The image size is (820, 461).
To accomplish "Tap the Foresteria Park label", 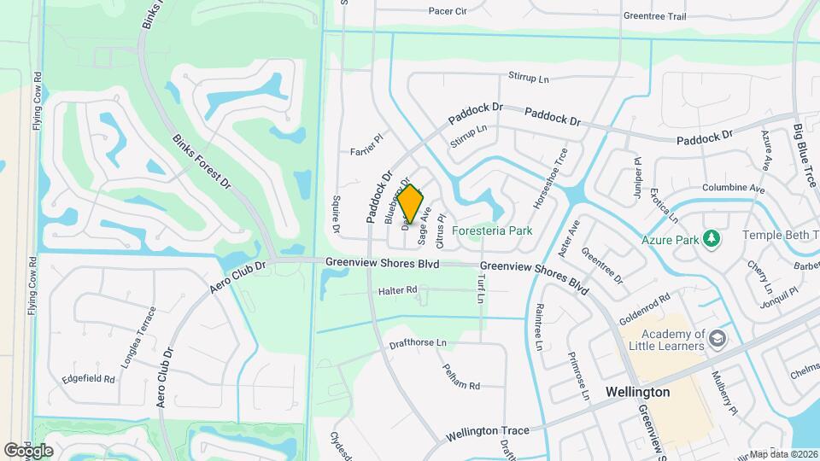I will coord(492,230).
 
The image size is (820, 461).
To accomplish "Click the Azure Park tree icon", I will coord(710,239).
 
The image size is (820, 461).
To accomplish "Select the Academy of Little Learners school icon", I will coord(717,339).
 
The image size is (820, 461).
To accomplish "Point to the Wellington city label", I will coord(637,392).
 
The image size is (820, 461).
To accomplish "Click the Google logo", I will coord(28,451).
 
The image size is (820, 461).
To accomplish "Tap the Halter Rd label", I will coord(397,291).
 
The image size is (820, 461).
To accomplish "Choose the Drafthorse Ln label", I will coord(418,342).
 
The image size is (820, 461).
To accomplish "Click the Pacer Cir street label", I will coord(448,12).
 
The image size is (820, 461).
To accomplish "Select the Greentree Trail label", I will coord(655,16).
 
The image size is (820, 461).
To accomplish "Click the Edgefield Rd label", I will coord(88,378).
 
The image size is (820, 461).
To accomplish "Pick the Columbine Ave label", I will coord(732,188).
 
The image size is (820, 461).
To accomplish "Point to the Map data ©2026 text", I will coord(783,454).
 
